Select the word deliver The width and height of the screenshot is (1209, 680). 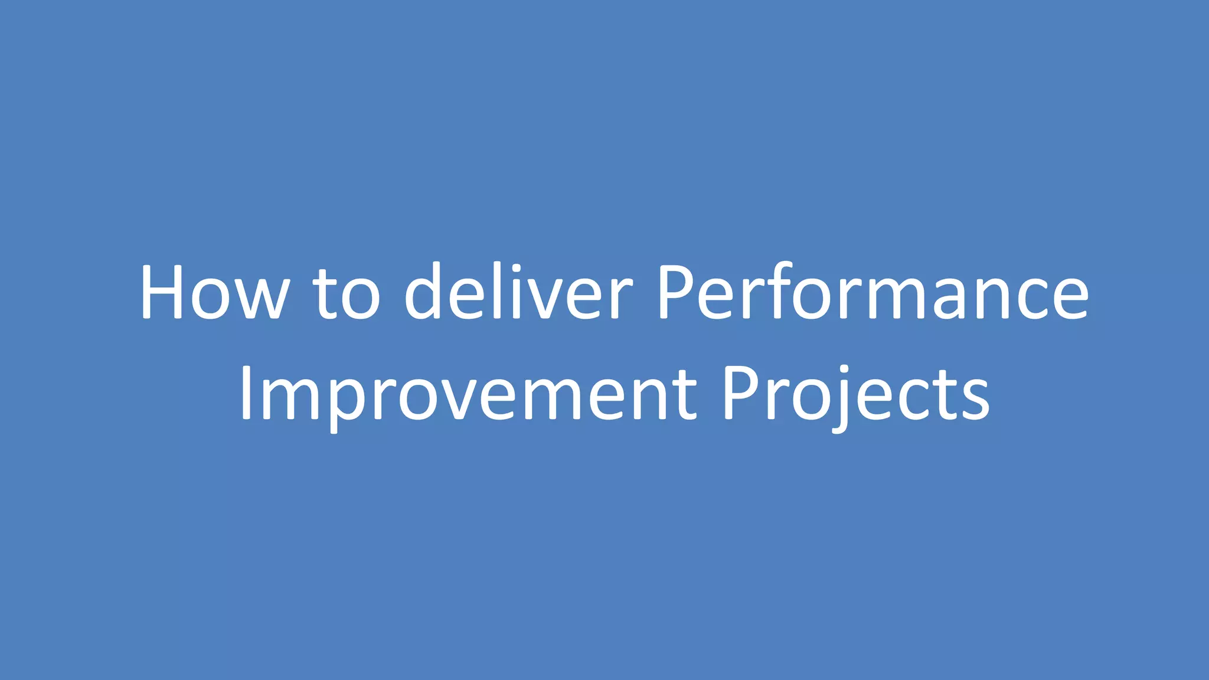[518, 292]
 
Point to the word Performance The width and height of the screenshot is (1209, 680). [873, 292]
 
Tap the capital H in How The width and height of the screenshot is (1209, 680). [163, 292]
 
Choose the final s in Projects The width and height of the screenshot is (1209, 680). [975, 401]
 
